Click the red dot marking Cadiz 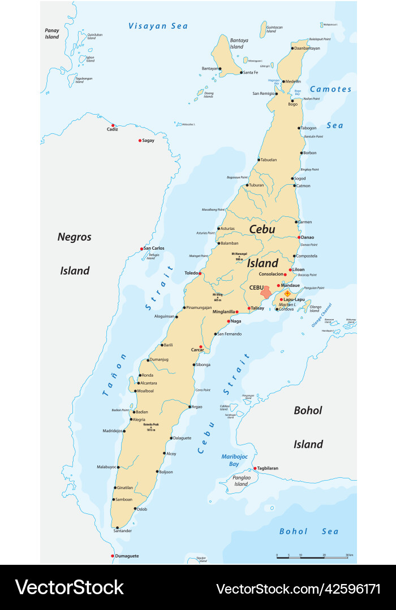click(x=113, y=125)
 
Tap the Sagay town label click(x=148, y=140)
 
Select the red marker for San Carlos click(x=142, y=249)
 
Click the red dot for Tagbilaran click(x=255, y=468)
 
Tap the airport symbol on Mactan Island click(x=287, y=293)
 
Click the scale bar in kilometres click(x=312, y=557)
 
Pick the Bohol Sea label click(x=309, y=531)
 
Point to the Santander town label click(x=123, y=531)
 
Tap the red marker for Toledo click(x=200, y=273)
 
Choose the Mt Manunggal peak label click(x=240, y=255)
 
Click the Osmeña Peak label click(x=150, y=428)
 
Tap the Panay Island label click(x=52, y=33)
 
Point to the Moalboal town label click(x=146, y=391)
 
